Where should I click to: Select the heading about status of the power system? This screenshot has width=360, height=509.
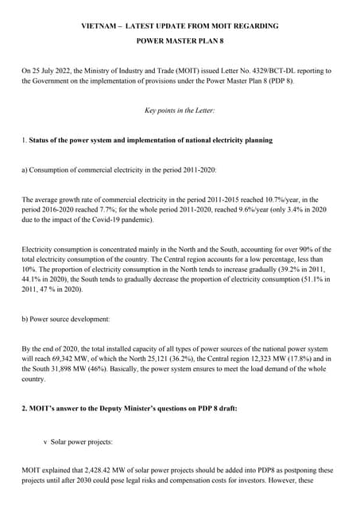(x=150, y=140)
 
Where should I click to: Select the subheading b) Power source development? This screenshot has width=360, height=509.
(x=66, y=319)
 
